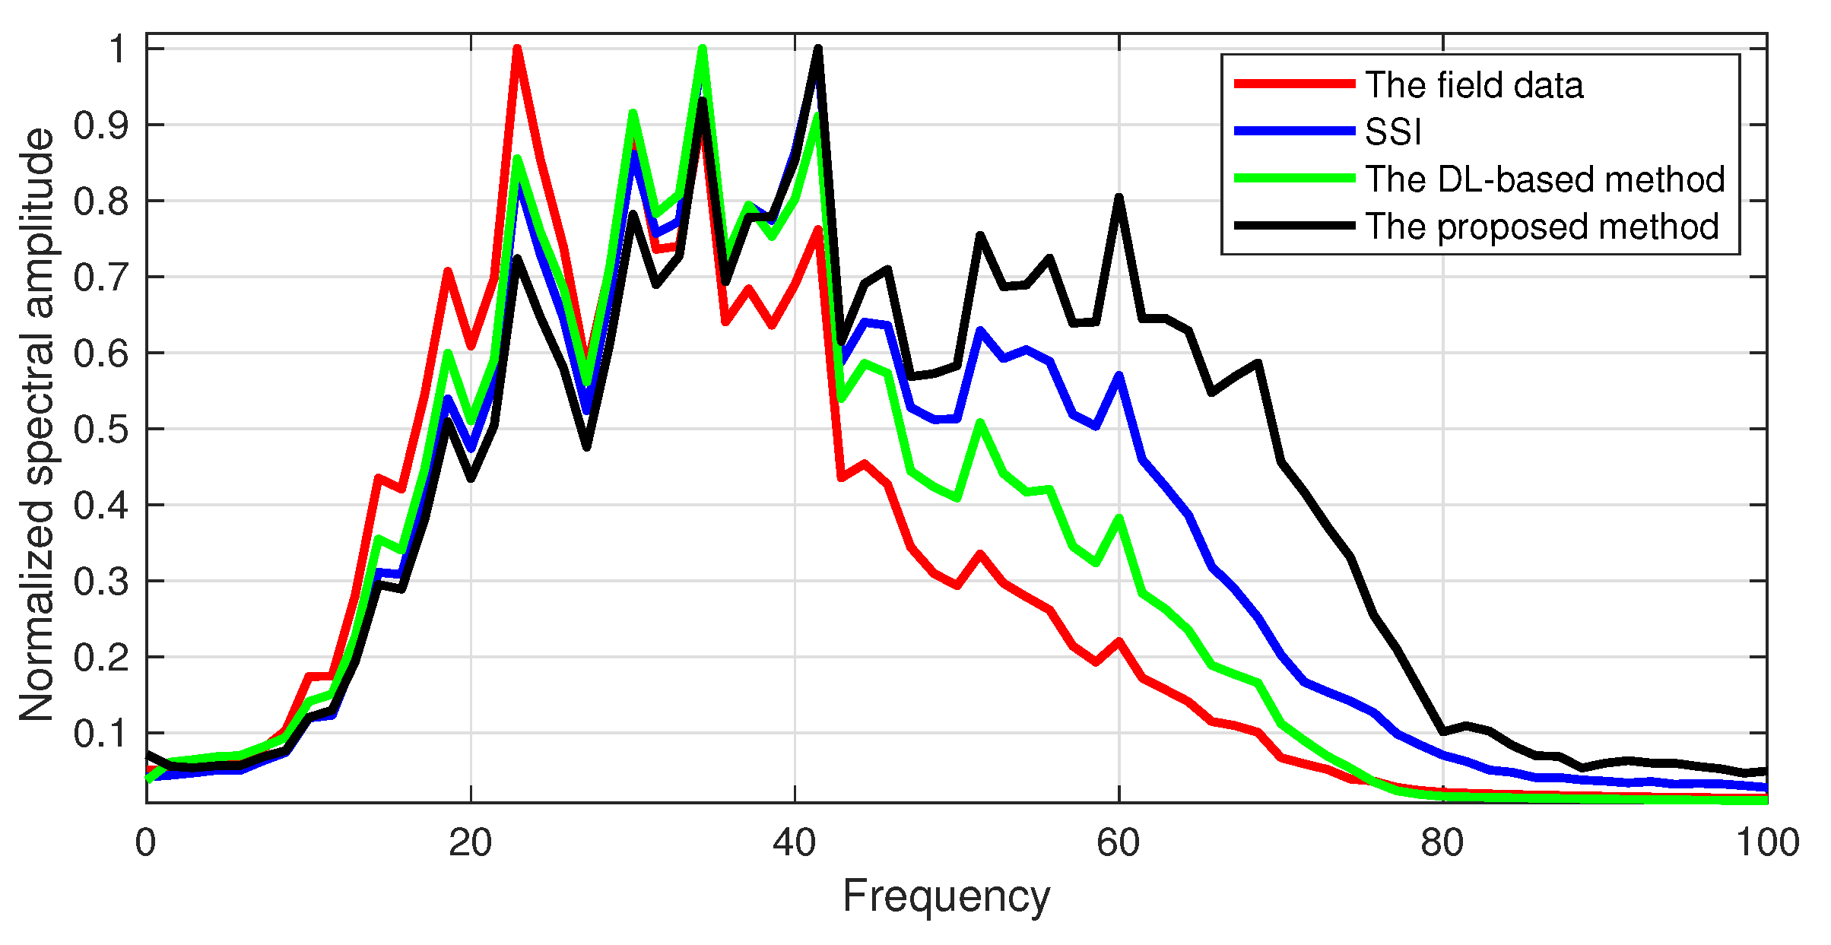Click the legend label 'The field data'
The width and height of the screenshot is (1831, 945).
click(1474, 85)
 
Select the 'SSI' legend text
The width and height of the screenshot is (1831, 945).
click(1393, 132)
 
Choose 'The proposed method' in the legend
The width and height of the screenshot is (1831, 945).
click(1542, 227)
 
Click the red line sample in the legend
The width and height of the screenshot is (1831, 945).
click(1294, 84)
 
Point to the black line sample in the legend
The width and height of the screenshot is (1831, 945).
click(1294, 226)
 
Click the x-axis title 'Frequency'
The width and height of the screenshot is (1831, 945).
click(946, 896)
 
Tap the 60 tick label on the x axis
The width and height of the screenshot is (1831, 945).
click(1118, 843)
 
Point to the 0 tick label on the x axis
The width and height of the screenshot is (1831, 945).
click(145, 843)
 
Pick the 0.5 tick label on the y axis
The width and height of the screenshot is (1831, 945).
click(100, 430)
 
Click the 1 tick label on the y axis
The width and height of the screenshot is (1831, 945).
click(117, 50)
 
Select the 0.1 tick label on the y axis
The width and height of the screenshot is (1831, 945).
click(100, 734)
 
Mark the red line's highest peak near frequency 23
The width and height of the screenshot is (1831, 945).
click(517, 49)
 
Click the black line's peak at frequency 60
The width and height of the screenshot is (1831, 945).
click(1119, 198)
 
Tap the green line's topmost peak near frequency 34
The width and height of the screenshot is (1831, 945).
click(703, 49)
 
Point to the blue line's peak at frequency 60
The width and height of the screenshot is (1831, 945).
click(1119, 376)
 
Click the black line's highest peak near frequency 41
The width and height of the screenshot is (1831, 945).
click(818, 49)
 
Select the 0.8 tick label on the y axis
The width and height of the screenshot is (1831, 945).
click(100, 201)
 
